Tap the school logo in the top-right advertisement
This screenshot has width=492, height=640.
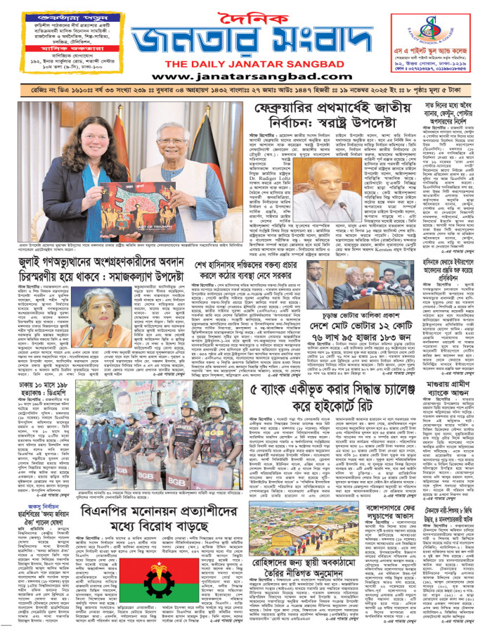click(424, 26)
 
